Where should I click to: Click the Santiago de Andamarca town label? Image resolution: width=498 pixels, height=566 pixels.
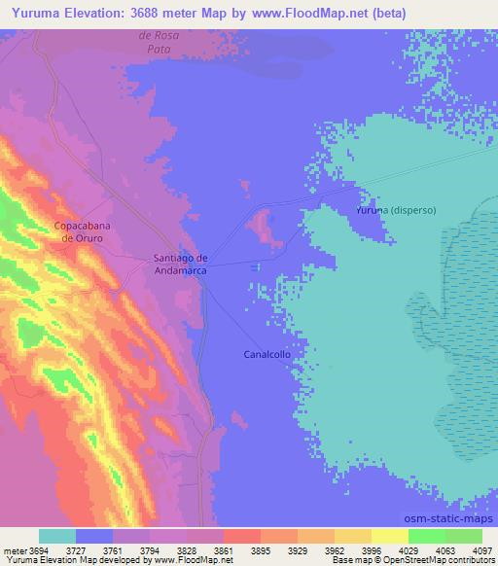(x=181, y=265)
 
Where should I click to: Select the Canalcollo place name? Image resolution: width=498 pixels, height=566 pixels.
(x=267, y=355)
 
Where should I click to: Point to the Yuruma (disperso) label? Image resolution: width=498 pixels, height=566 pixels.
(x=396, y=210)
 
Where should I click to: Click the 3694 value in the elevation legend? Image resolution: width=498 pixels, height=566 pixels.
(x=40, y=549)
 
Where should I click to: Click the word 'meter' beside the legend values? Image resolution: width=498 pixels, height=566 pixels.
(x=14, y=549)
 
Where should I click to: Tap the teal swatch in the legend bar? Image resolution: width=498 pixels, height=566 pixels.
(x=57, y=536)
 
